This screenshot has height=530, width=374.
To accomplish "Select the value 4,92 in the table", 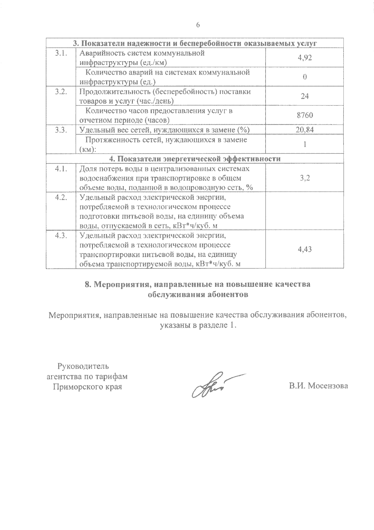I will click(304, 58).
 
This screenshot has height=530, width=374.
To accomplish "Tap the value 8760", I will click(304, 115).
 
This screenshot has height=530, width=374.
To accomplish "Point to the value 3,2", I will click(304, 178).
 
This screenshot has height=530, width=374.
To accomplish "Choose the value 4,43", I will click(304, 249).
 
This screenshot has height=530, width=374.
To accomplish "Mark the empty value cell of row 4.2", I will click(304, 211).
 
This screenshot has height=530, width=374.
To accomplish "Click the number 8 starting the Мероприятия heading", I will click(88, 284).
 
